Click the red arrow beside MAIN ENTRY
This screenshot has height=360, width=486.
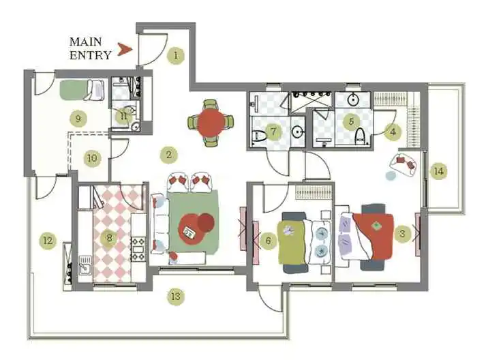click(123, 48)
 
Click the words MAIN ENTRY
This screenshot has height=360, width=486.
click(90, 48)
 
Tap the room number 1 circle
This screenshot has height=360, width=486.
click(177, 55)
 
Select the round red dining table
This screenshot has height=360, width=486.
click(210, 123)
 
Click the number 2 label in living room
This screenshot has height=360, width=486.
click(168, 155)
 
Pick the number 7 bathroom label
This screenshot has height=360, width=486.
click(273, 131)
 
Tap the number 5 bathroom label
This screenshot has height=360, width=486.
click(352, 122)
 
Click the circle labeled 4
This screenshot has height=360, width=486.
click(392, 132)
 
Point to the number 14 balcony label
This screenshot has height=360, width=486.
click(438, 171)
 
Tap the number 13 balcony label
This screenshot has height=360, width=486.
click(176, 297)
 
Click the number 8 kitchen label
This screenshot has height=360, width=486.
click(108, 238)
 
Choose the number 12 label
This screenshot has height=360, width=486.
click(47, 240)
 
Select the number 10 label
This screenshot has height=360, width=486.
click(92, 158)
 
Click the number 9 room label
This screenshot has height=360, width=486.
click(78, 118)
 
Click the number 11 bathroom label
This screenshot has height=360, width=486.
click(123, 115)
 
